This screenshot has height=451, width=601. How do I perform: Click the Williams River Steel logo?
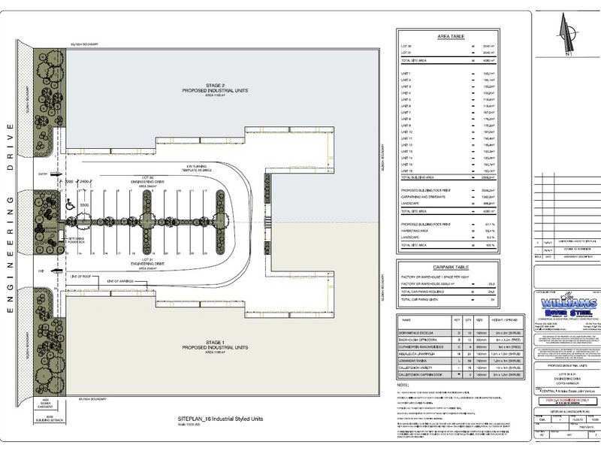point(566,304)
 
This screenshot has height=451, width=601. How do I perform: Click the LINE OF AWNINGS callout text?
point(122,281)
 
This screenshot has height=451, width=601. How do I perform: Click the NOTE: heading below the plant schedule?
point(402,384)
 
